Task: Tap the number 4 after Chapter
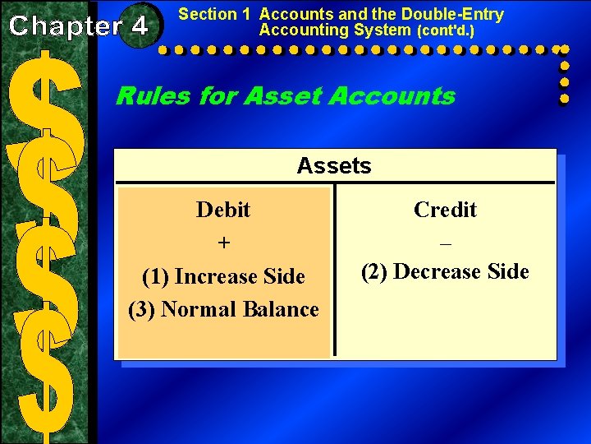point(139,25)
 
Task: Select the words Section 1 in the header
point(214,14)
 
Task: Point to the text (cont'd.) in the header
point(446,31)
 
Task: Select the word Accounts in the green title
point(392,96)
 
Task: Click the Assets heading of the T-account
point(334,166)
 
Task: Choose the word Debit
point(223,210)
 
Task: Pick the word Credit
point(445,210)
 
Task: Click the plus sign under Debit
point(223,244)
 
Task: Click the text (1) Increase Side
point(223,276)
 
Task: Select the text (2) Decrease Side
point(445,271)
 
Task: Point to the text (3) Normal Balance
point(223,309)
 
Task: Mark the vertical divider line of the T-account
point(333,271)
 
